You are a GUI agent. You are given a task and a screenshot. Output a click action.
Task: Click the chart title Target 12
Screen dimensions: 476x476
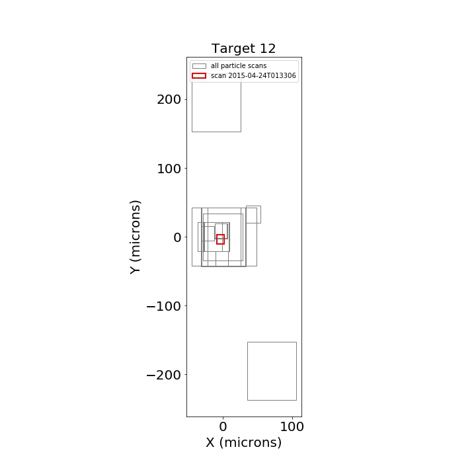(243, 48)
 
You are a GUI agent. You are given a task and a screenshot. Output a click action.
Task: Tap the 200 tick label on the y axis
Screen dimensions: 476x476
(169, 100)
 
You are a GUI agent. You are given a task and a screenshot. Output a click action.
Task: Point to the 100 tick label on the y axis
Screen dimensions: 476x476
(169, 169)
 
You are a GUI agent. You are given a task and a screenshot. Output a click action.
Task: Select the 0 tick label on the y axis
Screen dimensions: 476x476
(177, 237)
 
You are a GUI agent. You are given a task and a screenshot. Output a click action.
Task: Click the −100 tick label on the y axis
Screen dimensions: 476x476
(164, 306)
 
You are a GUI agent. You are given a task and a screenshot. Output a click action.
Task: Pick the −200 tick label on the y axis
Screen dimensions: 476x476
(164, 376)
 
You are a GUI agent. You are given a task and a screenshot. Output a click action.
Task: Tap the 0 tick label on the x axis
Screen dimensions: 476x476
(223, 427)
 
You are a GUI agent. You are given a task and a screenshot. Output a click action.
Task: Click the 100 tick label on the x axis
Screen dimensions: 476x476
(292, 427)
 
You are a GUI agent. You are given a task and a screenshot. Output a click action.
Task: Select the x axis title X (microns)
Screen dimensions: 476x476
(243, 442)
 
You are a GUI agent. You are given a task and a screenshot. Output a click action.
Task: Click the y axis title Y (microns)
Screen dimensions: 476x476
(136, 237)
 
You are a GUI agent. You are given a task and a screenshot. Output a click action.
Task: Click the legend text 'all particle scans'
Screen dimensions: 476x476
(239, 66)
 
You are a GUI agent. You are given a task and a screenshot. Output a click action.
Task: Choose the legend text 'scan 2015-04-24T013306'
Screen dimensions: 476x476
(253, 75)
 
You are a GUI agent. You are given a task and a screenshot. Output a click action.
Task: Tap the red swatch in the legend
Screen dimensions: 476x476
(199, 75)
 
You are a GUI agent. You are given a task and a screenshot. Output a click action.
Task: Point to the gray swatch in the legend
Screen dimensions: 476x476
(199, 66)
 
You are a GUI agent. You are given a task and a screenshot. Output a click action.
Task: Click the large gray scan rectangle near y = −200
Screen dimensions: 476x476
(248, 371)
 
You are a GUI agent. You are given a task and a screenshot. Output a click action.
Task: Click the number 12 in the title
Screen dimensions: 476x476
(268, 48)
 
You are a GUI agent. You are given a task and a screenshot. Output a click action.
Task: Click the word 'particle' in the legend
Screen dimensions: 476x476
(232, 66)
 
